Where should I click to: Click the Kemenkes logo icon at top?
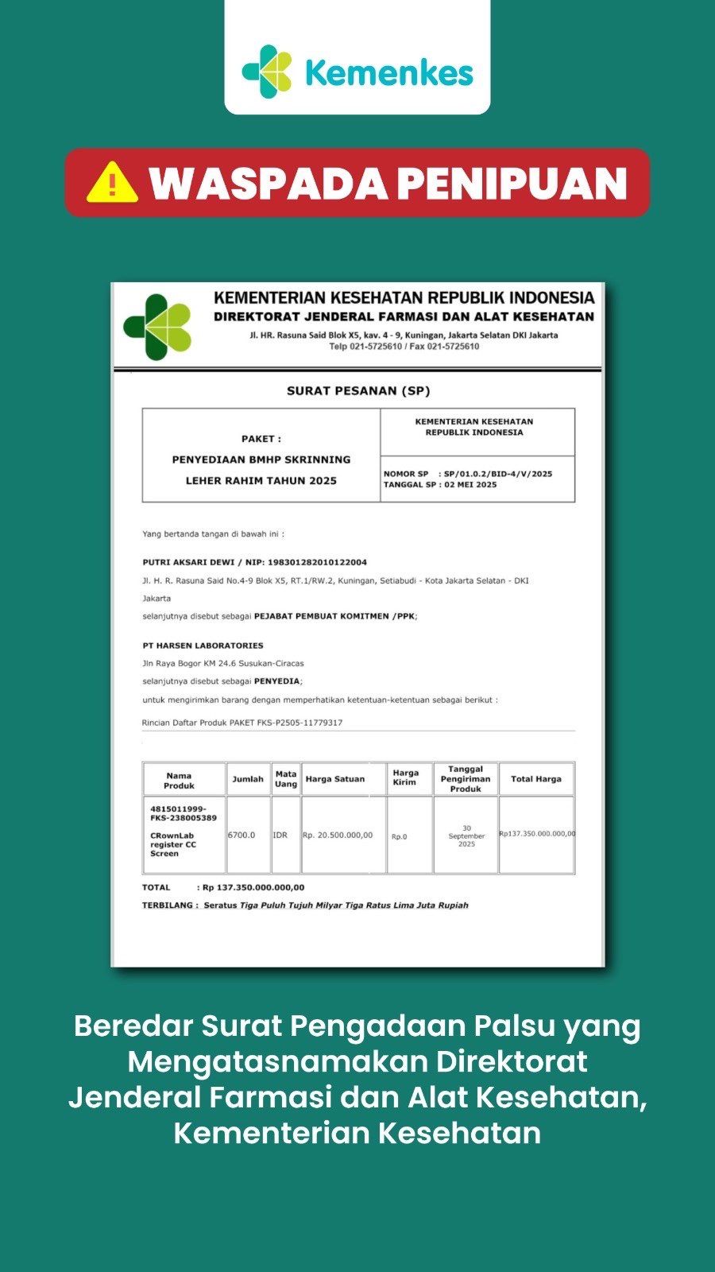point(267,72)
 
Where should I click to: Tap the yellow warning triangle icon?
point(112,183)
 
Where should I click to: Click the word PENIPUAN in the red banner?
point(512,184)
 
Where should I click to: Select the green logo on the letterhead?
point(158,327)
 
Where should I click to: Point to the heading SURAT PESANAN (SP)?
point(357,390)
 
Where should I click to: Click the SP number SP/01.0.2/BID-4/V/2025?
point(497,474)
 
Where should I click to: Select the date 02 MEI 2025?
point(470,485)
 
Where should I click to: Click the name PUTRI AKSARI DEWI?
point(187,562)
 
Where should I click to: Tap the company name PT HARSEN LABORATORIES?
point(203,646)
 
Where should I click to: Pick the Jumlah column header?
point(247,779)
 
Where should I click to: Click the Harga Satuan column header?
point(334,779)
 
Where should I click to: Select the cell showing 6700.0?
point(242,836)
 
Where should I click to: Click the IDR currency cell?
point(280,836)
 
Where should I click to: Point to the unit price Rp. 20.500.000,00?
point(338,836)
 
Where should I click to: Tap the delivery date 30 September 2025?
point(466,836)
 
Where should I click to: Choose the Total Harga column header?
point(535,779)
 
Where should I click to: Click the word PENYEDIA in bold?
point(276,681)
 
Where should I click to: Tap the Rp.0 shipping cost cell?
point(399,836)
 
